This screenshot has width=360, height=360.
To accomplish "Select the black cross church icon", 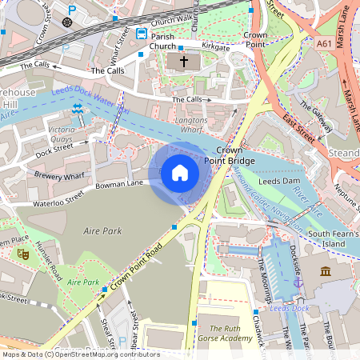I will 183,61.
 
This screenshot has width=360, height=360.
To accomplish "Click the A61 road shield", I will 324,45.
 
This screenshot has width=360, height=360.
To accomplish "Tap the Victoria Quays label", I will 62,133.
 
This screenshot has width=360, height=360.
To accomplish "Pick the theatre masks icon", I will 23,254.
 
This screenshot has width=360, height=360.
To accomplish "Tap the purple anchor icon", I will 298,282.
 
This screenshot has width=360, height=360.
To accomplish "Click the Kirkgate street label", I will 215,47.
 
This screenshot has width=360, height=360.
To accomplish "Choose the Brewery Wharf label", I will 59,173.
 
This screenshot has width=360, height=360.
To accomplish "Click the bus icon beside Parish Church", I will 141,34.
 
